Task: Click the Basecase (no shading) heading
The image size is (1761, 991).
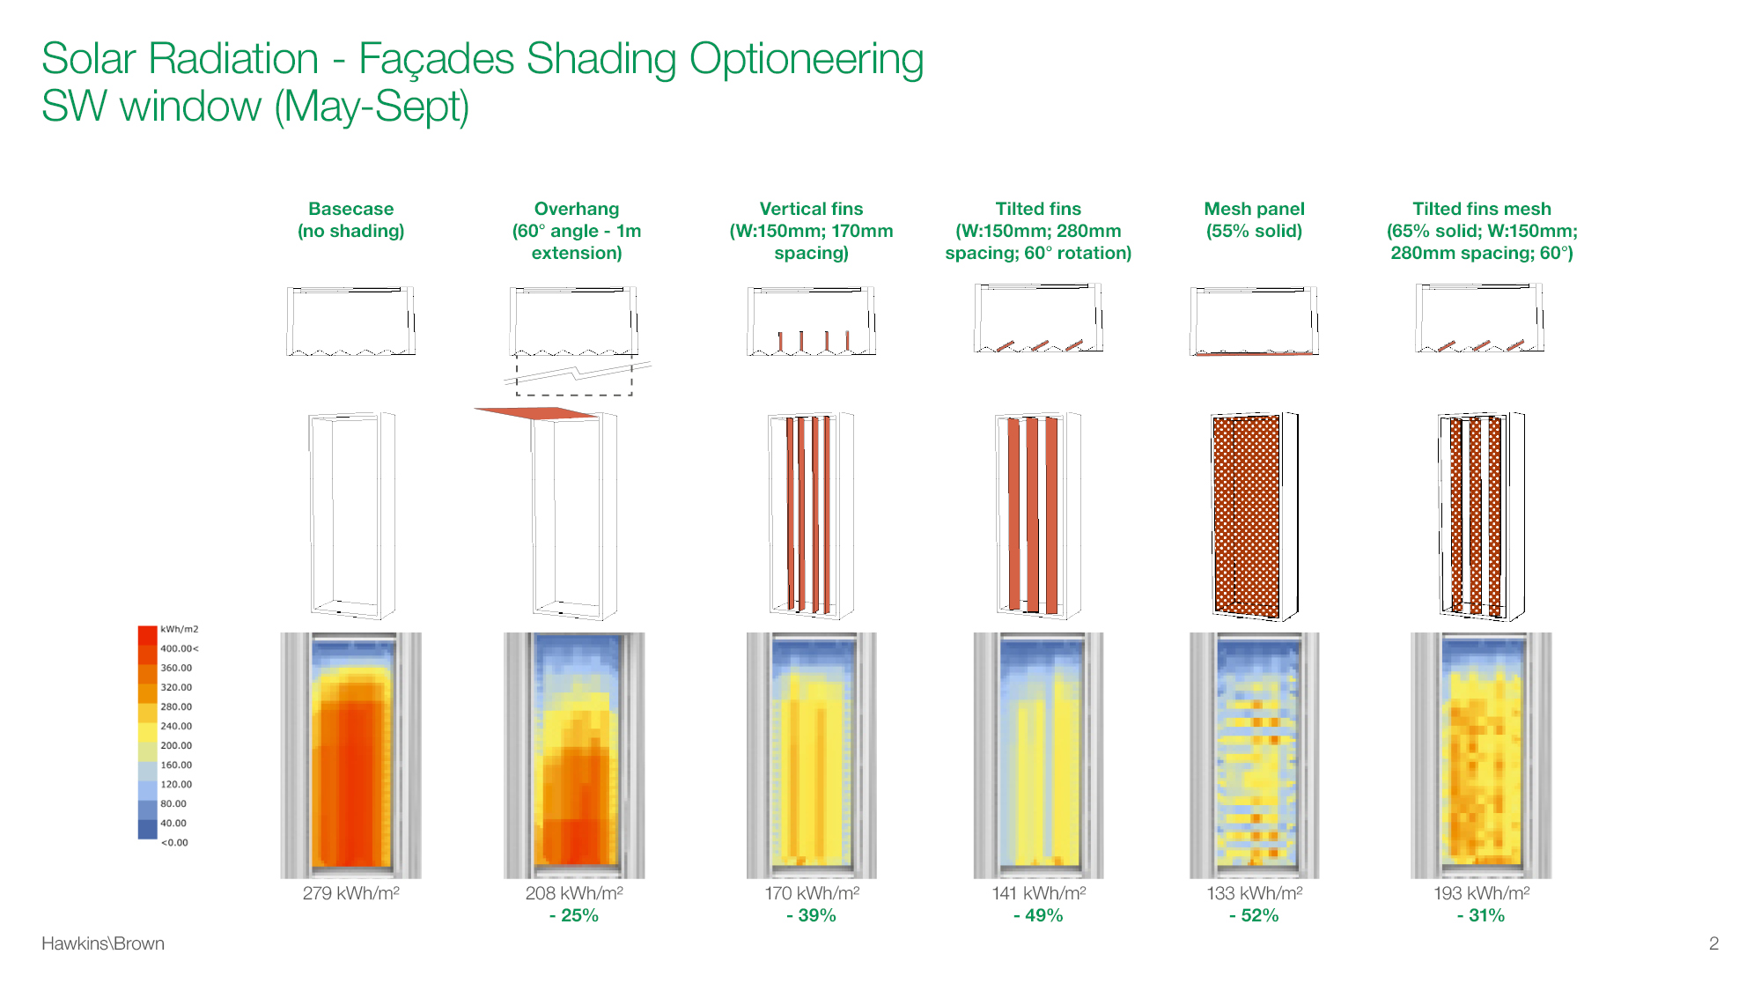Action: tap(351, 219)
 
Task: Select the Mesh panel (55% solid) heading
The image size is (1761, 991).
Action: tap(1254, 219)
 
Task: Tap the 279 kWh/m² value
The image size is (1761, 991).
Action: tap(350, 893)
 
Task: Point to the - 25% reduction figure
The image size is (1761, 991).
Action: tap(574, 915)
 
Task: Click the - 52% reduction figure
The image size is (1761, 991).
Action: tap(1254, 915)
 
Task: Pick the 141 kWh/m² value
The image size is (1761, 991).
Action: tap(1039, 893)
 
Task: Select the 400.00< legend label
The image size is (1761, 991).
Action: tap(180, 648)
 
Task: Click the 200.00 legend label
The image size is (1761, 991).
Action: tap(176, 745)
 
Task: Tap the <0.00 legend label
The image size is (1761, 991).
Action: tap(174, 842)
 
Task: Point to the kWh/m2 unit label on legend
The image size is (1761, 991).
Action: tap(179, 629)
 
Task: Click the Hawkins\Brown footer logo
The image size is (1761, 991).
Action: tap(103, 943)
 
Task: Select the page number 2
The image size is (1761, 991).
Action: tap(1713, 943)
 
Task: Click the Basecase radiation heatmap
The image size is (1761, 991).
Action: tap(351, 755)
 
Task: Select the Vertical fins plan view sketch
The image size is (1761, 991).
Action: tap(812, 321)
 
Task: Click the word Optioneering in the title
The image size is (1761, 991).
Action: tap(807, 60)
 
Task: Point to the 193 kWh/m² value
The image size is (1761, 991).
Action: tap(1481, 893)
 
